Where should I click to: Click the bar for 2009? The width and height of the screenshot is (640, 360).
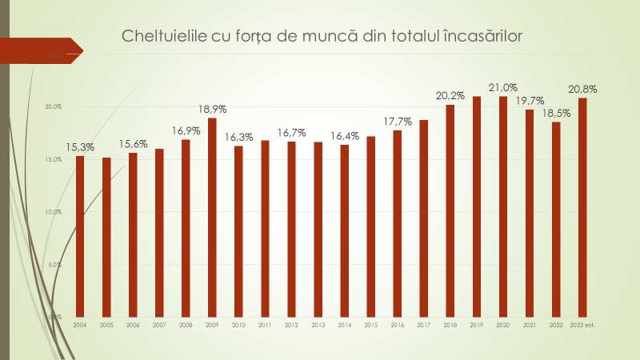pos(212,217)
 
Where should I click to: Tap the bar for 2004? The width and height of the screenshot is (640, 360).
pos(80,236)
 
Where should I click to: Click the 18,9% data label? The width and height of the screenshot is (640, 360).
pos(213,108)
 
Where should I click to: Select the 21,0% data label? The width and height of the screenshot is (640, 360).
pos(503,86)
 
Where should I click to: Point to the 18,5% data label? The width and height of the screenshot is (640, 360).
pos(555,113)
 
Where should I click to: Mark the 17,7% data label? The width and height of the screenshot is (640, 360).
pos(398,121)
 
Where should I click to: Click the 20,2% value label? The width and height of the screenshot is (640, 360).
pos(450,95)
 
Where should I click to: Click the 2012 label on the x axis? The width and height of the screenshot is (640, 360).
pos(291,326)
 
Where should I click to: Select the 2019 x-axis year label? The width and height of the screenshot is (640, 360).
pos(477,326)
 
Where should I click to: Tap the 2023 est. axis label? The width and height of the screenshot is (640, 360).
pos(582,326)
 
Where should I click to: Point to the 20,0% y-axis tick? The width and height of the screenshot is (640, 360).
pos(53,107)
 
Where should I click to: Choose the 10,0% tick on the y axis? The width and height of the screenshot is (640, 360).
pos(53,212)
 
